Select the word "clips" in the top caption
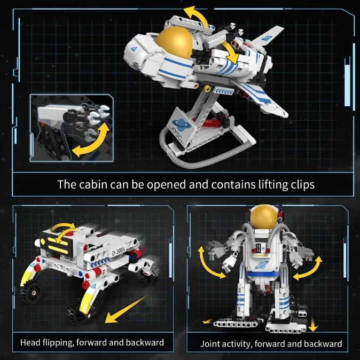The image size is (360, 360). (x=300, y=185)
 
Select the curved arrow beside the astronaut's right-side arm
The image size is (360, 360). (x=309, y=268)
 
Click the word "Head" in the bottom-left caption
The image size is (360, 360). (x=32, y=342)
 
